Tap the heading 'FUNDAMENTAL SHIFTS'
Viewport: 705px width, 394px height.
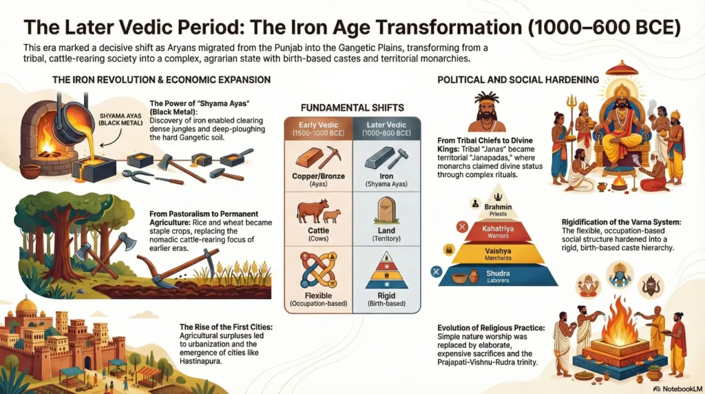pyautogui.click(x=352, y=107)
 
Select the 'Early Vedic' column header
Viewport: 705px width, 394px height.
pyautogui.click(x=318, y=127)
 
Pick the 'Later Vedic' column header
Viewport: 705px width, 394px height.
pyautogui.click(x=386, y=127)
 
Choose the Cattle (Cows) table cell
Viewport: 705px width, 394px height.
pyautogui.click(x=318, y=218)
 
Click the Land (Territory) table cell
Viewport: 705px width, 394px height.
pyautogui.click(x=386, y=218)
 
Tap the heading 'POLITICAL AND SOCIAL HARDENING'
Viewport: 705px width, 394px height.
pyautogui.click(x=518, y=80)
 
